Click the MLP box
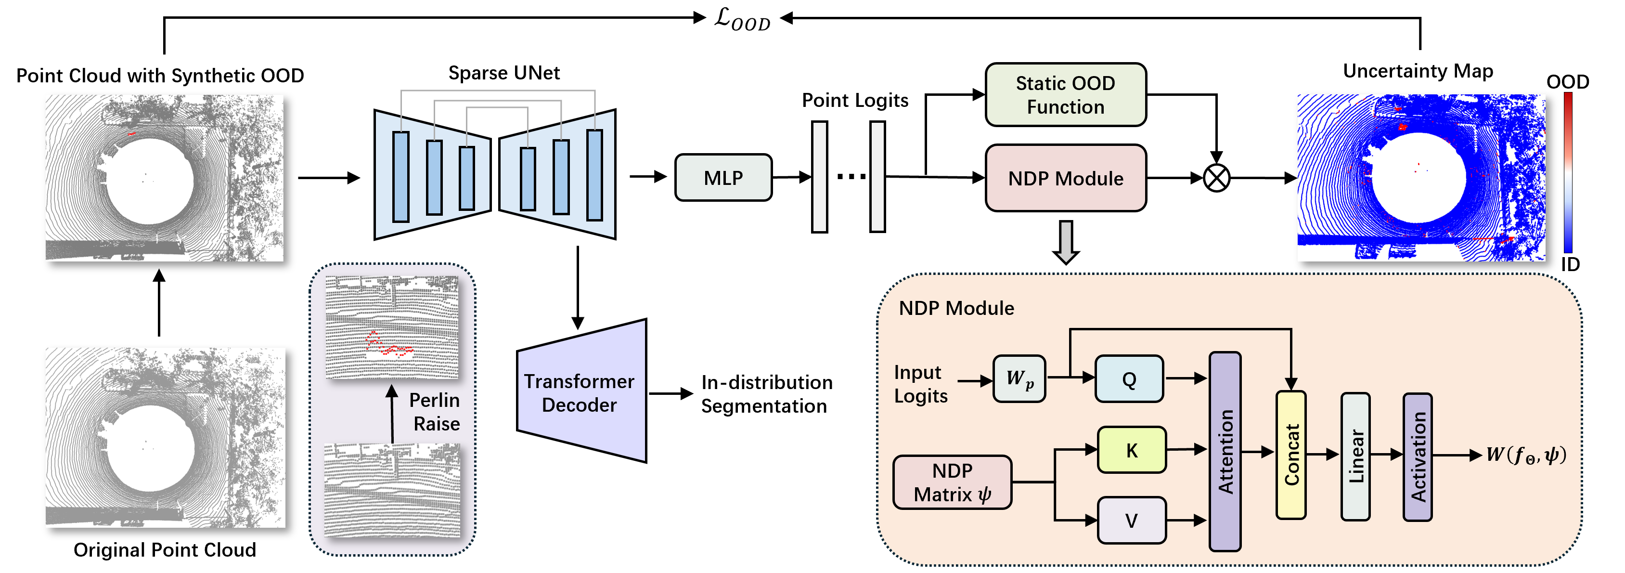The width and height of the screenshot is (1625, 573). pyautogui.click(x=723, y=178)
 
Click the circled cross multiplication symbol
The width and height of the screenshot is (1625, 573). pyautogui.click(x=1216, y=178)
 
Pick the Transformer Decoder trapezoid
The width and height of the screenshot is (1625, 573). pyautogui.click(x=580, y=392)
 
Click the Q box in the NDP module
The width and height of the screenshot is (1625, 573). pyautogui.click(x=1129, y=378)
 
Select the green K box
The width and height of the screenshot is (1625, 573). pyautogui.click(x=1132, y=450)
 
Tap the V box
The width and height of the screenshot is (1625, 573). pyautogui.click(x=1132, y=520)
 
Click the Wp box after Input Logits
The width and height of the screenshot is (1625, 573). pyautogui.click(x=1019, y=378)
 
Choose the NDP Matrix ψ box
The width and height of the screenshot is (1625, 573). pyautogui.click(x=952, y=482)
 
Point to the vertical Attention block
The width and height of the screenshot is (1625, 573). pyautogui.click(x=1225, y=451)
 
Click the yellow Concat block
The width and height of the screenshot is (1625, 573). pyautogui.click(x=1290, y=455)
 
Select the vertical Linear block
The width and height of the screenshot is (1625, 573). pyautogui.click(x=1355, y=456)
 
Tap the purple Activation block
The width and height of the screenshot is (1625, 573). pyautogui.click(x=1417, y=457)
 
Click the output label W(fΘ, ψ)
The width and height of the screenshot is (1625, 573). pyautogui.click(x=1525, y=455)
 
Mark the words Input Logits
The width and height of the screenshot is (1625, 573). pyautogui.click(x=920, y=384)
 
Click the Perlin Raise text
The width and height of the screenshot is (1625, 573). pyautogui.click(x=435, y=411)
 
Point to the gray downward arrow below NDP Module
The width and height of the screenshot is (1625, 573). pyautogui.click(x=1066, y=242)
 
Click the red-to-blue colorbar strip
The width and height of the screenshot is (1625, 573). pyautogui.click(x=1568, y=172)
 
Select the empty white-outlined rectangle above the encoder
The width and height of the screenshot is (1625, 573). pyautogui.click(x=505, y=71)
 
